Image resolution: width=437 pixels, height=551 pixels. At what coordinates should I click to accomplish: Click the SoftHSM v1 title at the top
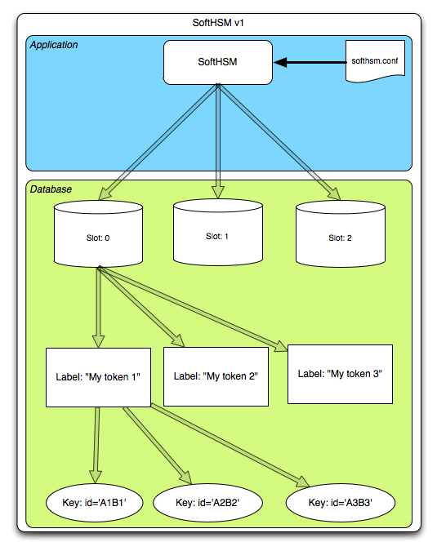(x=218, y=23)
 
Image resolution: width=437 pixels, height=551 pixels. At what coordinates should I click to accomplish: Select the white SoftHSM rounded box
(x=218, y=62)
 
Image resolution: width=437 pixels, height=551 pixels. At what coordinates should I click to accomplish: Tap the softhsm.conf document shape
(x=375, y=61)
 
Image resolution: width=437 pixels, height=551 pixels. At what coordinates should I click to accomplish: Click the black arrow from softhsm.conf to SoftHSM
(x=310, y=63)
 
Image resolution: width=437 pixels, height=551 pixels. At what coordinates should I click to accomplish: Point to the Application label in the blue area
(x=54, y=45)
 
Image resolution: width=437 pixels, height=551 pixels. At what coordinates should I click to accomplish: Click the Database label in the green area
(x=51, y=189)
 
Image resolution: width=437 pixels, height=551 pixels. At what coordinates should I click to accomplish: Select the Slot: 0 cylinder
(x=98, y=233)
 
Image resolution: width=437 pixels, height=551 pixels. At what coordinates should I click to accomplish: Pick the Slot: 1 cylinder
(x=218, y=233)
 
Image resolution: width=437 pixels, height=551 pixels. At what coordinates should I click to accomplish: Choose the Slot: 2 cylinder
(x=341, y=233)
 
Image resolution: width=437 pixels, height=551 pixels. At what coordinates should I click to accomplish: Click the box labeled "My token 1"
(x=99, y=377)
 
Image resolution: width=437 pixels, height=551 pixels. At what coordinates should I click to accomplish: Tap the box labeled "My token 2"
(x=216, y=376)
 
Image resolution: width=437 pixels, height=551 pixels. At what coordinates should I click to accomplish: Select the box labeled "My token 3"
(x=340, y=374)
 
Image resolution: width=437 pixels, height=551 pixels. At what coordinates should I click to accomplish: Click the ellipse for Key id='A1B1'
(x=94, y=503)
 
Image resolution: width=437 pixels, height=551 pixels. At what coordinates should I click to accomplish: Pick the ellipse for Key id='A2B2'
(x=207, y=503)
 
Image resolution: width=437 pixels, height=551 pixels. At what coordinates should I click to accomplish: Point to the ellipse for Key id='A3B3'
(x=341, y=503)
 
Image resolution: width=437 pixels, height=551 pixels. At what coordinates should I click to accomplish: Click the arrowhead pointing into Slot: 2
(x=334, y=194)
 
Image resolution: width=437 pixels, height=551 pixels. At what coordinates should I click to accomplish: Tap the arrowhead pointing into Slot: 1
(x=218, y=192)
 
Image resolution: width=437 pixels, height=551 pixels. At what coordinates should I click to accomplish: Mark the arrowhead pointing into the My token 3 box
(x=282, y=346)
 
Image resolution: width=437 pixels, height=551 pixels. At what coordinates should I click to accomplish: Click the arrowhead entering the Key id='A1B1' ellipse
(x=96, y=477)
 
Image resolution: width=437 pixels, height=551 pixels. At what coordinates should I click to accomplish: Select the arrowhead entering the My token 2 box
(x=178, y=340)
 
